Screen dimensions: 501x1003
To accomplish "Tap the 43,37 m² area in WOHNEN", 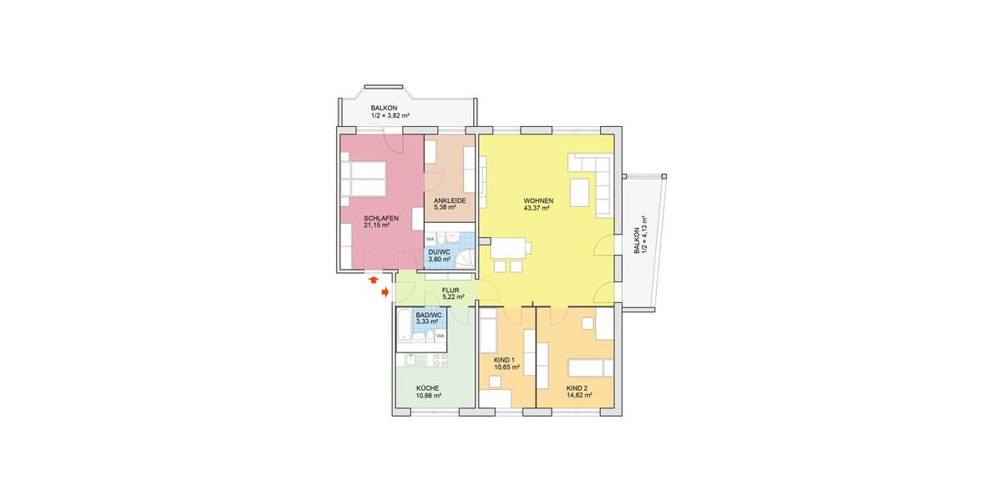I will tap(536, 209).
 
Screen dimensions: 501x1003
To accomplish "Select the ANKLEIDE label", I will tap(450, 200).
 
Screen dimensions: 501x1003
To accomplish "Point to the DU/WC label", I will tap(439, 252).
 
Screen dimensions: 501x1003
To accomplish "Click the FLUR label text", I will tap(452, 291).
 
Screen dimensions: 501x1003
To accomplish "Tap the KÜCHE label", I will tap(428, 388).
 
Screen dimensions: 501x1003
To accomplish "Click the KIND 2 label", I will tap(578, 388).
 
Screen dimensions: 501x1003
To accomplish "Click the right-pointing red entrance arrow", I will tap(384, 292).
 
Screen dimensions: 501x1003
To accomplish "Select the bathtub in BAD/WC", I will tap(404, 324).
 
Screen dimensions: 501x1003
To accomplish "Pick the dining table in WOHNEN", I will tap(509, 248).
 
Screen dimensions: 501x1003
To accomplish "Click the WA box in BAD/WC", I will tap(439, 336).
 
